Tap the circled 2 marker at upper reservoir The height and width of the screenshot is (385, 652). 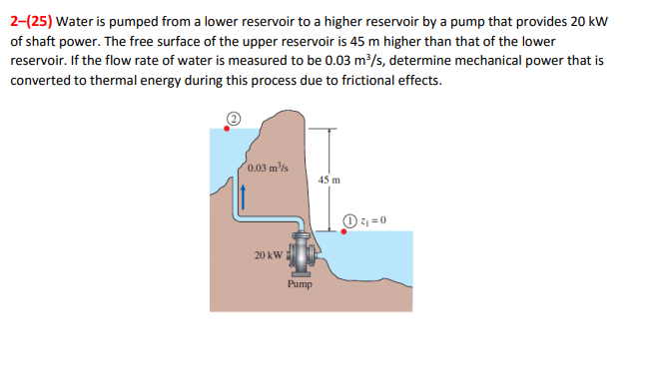pos(234,117)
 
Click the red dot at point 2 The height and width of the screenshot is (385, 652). pos(227,128)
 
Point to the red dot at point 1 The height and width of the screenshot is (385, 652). pos(345,231)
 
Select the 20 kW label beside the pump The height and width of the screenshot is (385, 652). pos(268,256)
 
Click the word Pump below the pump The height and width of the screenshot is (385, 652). pos(300,284)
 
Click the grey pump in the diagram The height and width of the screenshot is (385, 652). pos(300,254)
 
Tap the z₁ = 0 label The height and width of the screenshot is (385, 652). pos(373,219)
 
